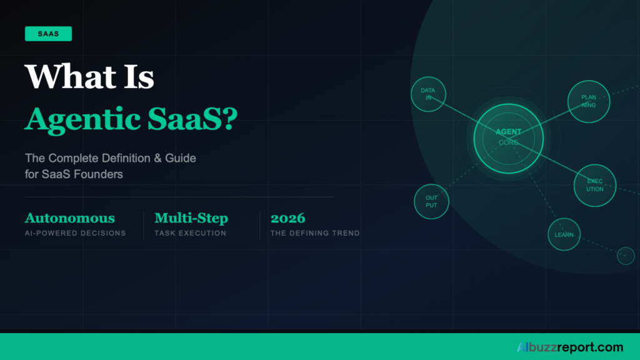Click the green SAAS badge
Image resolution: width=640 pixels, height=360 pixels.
pyautogui.click(x=48, y=34)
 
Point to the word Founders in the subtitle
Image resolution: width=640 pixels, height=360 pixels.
pyautogui.click(x=96, y=174)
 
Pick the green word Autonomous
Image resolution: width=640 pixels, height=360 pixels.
pyautogui.click(x=69, y=218)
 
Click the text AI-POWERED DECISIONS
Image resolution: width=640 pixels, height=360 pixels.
pyautogui.click(x=75, y=233)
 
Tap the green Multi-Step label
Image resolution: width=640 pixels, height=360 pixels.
pyautogui.click(x=191, y=218)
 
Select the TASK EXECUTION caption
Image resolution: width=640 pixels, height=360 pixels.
pyautogui.click(x=190, y=233)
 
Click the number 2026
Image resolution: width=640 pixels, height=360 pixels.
pyautogui.click(x=287, y=218)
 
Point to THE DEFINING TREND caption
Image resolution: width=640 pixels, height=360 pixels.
pyautogui.click(x=314, y=233)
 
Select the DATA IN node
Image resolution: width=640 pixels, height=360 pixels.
pyautogui.click(x=428, y=94)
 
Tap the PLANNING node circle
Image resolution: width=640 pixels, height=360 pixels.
pyautogui.click(x=588, y=101)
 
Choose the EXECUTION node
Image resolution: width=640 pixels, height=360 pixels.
pyautogui.click(x=594, y=185)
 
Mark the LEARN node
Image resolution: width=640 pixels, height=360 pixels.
pyautogui.click(x=564, y=235)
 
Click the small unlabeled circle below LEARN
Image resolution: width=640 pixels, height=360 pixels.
pyautogui.click(x=625, y=256)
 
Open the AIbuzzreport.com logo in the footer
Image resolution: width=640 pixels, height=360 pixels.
pyautogui.click(x=569, y=347)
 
